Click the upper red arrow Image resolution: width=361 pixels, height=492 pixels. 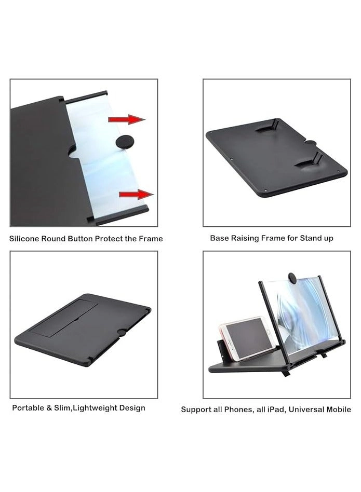(x=126, y=120)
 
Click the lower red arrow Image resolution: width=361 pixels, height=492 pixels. (x=136, y=194)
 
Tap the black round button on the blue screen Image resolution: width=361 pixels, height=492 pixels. (x=124, y=142)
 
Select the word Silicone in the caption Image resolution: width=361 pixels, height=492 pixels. (x=25, y=239)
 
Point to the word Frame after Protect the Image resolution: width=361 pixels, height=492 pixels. (x=151, y=239)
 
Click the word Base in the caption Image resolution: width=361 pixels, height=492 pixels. (x=219, y=238)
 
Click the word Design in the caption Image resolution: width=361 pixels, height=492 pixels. (x=133, y=408)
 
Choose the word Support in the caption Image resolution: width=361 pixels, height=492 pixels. (x=197, y=409)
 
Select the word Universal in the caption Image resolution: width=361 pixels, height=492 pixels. (x=310, y=409)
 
